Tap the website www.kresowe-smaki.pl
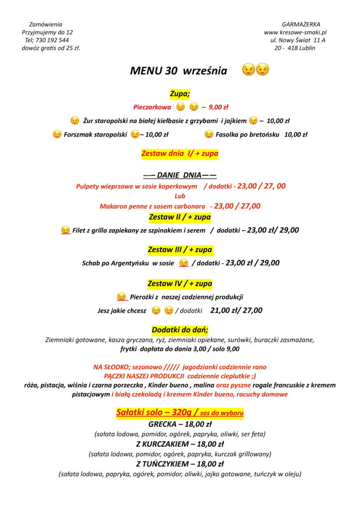click(295, 32)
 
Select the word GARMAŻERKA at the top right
click(301, 24)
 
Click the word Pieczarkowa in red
click(152, 107)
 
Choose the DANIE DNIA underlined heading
click(180, 175)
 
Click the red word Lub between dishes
click(180, 196)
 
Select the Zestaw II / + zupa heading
click(180, 217)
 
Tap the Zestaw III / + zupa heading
click(180, 250)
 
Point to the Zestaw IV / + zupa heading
click(180, 284)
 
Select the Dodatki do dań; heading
click(180, 330)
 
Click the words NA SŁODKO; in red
click(111, 367)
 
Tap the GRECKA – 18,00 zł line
click(180, 424)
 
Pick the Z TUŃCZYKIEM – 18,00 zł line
click(180, 464)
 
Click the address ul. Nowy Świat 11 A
click(298, 40)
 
